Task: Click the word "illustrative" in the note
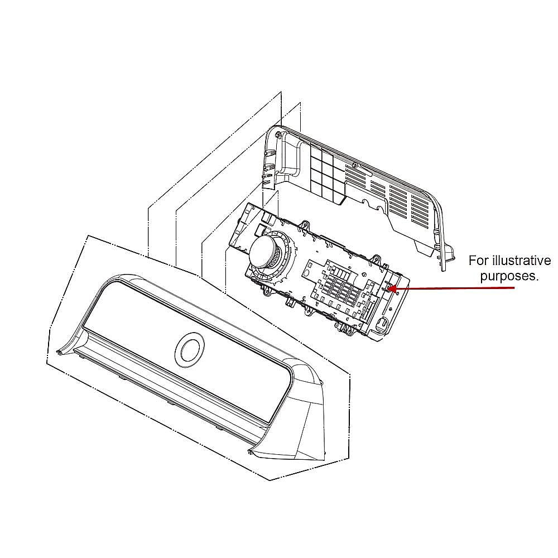point(521,261)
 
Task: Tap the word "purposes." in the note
point(509,276)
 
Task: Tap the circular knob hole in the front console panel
point(190,350)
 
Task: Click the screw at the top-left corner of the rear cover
point(278,134)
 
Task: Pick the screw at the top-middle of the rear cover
point(354,165)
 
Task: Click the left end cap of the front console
point(71,341)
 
